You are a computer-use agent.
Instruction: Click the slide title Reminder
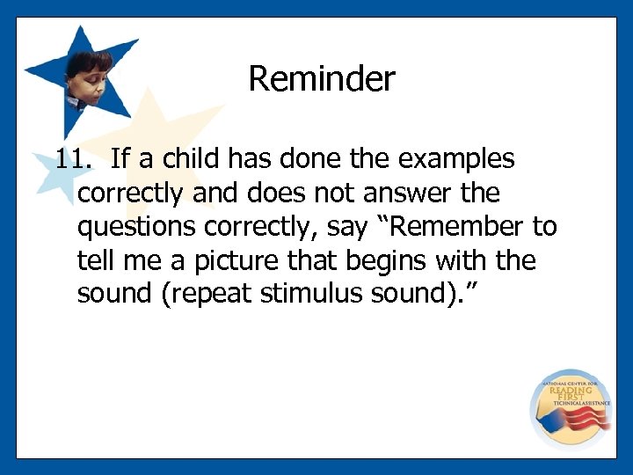pyautogui.click(x=322, y=79)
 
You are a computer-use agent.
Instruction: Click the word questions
pyautogui.click(x=137, y=226)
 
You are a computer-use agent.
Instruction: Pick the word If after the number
pyautogui.click(x=122, y=159)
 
